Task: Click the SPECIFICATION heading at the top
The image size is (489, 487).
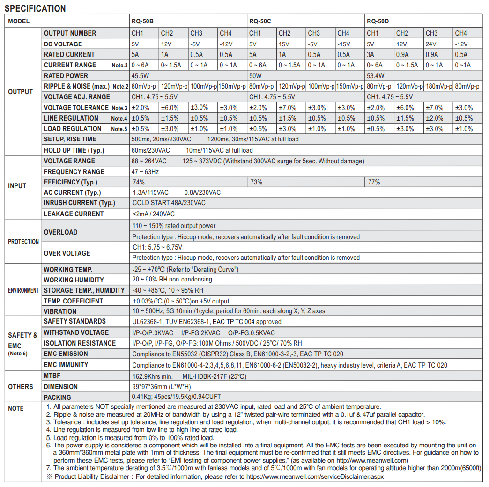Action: point(35,8)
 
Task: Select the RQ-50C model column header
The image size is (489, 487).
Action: point(260,21)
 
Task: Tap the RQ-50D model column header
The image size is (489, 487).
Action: point(378,21)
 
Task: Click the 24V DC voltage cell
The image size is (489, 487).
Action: point(432,44)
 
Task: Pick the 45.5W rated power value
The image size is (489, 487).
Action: point(141,76)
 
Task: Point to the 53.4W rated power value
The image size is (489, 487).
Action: point(376,76)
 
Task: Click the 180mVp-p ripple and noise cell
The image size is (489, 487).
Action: point(438,87)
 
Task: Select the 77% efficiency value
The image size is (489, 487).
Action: point(374,182)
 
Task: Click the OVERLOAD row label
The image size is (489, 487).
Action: point(60,232)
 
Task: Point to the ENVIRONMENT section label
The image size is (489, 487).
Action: point(23,290)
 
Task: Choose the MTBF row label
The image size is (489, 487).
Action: point(52,376)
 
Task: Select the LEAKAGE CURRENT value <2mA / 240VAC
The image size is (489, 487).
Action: point(154,214)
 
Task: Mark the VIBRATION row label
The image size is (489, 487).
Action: point(60,311)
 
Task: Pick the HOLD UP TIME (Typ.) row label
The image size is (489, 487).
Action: point(74,150)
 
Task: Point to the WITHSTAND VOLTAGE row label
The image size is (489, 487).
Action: point(76,332)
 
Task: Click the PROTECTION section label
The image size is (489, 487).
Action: point(23,242)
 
